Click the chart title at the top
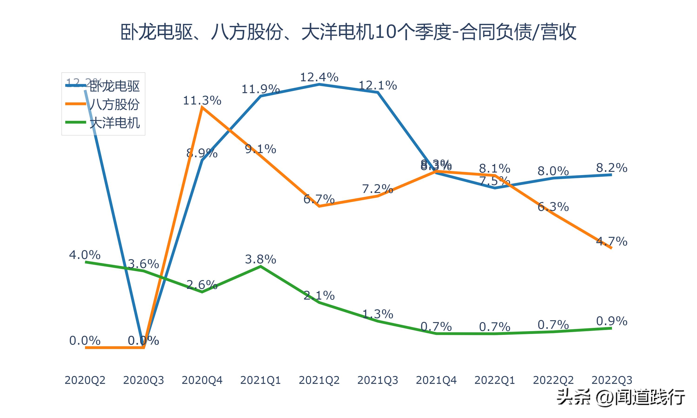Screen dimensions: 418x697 pos(348,32)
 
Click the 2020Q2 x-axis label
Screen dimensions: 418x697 pos(85,380)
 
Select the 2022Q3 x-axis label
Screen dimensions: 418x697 pos(612,380)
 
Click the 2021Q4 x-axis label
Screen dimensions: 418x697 pos(436,380)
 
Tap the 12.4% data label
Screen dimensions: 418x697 pos(319,77)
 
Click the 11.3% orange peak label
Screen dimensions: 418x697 pos(202,101)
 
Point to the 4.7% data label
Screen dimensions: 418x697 pos(612,241)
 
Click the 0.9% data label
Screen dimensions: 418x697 pos(612,321)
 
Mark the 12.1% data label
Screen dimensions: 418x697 pos(378,85)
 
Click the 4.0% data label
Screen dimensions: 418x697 pos(85,255)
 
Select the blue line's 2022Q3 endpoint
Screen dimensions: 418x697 pos(611,175)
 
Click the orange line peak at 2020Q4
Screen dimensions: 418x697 pos(202,108)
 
